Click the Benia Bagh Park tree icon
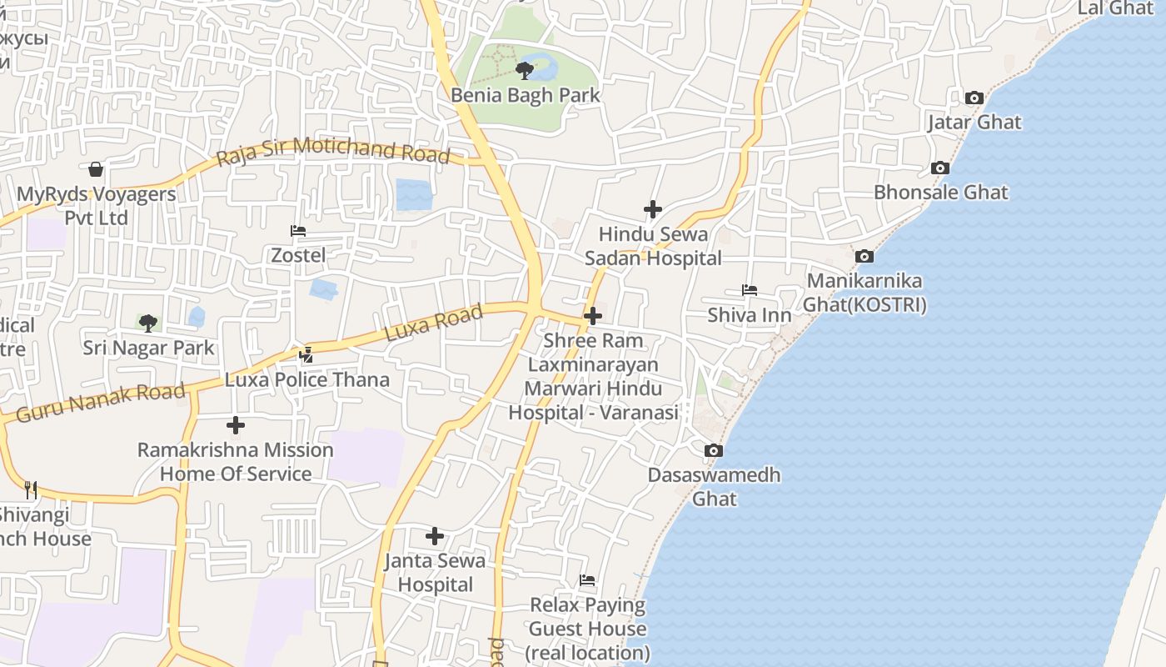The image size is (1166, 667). coord(525,70)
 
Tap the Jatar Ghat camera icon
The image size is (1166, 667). coord(974,98)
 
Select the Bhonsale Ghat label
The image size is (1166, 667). coord(940,193)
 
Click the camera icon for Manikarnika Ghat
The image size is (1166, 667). coord(865,256)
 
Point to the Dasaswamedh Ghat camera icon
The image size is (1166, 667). coord(714,451)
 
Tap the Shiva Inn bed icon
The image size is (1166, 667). coord(750,291)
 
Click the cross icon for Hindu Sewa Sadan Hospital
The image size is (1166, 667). coord(653,209)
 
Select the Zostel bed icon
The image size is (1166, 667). coord(298,231)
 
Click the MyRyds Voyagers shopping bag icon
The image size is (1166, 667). coord(97,170)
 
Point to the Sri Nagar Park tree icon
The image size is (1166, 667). coord(148,323)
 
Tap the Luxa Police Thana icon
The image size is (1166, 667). coord(306,355)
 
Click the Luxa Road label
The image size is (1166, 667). coord(434,323)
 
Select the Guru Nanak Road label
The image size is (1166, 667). coord(101,402)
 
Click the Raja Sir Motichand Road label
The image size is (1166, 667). coord(333,153)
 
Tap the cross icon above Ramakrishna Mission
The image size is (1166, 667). coord(236,425)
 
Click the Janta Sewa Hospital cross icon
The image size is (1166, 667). coord(435,536)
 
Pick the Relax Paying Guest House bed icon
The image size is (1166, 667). coord(587,580)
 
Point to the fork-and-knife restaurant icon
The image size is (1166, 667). coord(31,489)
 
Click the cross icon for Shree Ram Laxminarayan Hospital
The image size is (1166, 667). coord(593,316)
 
